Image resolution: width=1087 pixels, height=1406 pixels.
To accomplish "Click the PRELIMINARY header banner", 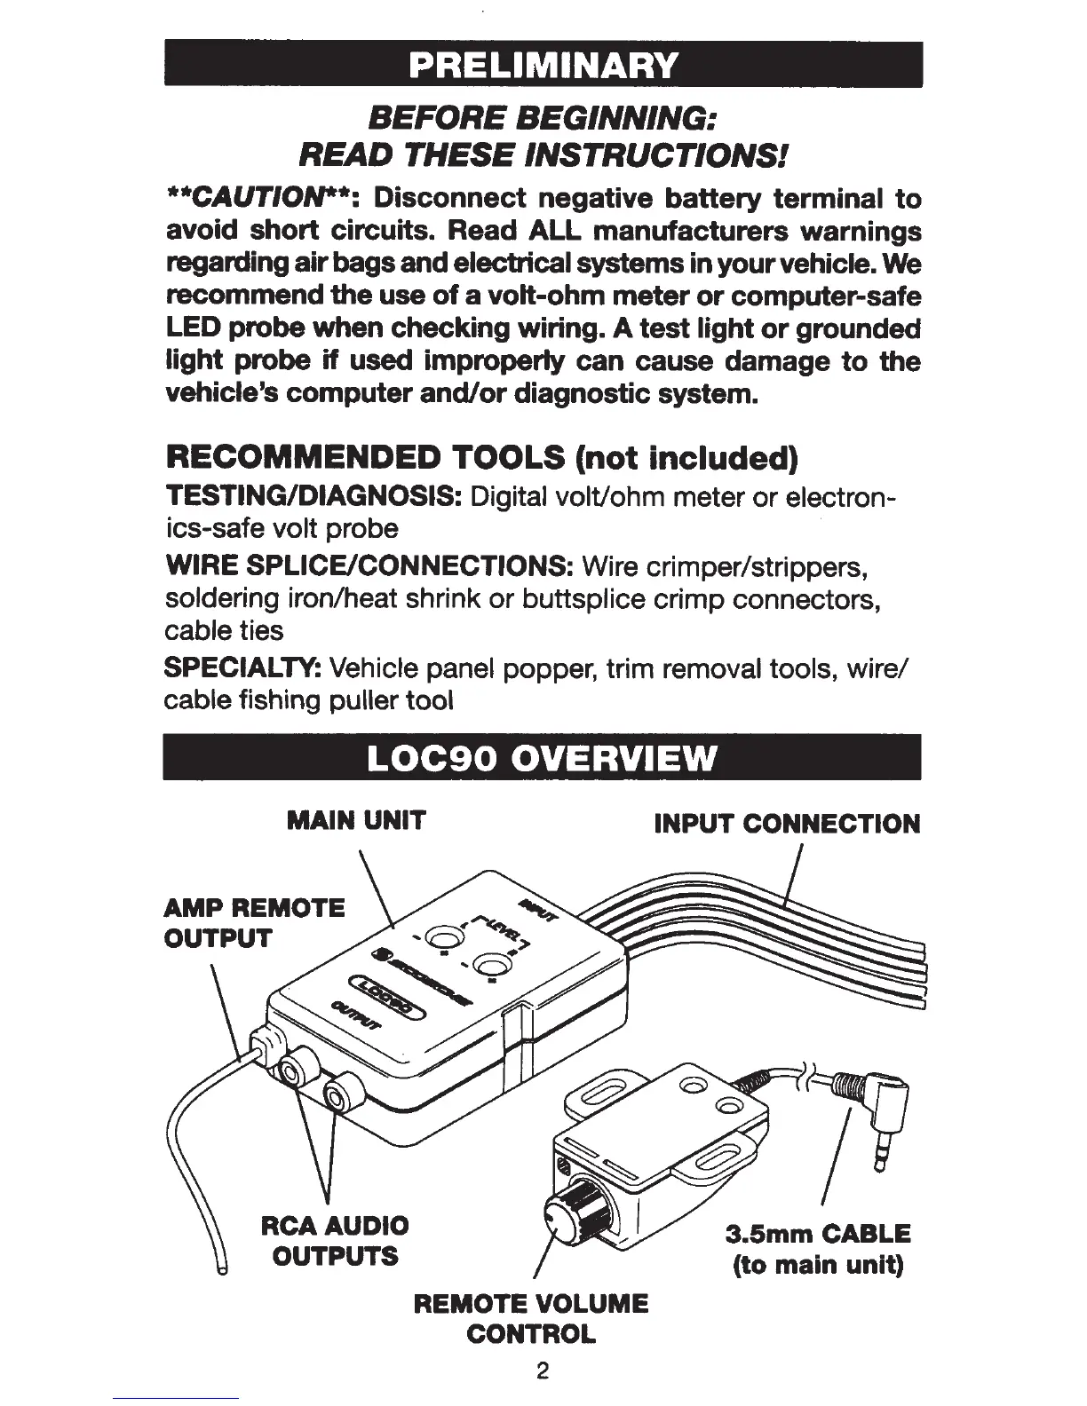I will point(543,65).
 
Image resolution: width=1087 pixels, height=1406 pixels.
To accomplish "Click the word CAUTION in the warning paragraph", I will point(234,197).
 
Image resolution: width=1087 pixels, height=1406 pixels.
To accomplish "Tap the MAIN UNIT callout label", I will point(356,821).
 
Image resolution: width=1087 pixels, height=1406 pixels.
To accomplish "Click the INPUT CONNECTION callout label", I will point(787,825).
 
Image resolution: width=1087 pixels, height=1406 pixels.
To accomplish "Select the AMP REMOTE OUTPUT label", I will point(255,923).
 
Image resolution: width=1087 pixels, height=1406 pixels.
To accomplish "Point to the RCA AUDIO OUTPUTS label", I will point(335,1242).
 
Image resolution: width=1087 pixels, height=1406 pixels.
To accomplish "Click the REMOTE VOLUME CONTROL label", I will point(531,1318).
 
